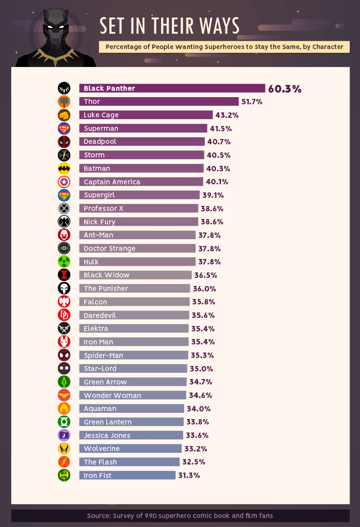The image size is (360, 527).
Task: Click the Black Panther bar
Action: [x=172, y=88]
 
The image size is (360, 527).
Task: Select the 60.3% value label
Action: [x=284, y=89]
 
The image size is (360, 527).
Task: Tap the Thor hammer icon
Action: [x=64, y=102]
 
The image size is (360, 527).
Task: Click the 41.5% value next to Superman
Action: [x=221, y=129]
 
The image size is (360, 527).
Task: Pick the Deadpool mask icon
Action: [x=64, y=142]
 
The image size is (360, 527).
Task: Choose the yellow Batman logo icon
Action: [x=64, y=169]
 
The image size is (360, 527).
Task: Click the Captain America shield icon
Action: [x=64, y=182]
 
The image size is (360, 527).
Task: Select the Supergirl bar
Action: [x=139, y=195]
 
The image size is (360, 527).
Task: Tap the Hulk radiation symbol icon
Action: [x=64, y=262]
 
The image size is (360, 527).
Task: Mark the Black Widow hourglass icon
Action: [x=64, y=275]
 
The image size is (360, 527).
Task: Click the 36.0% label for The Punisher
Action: [x=204, y=289]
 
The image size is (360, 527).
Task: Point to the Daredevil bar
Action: [x=134, y=315]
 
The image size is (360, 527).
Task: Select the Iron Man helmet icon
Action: [x=64, y=342]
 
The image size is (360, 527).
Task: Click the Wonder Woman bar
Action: [x=132, y=395]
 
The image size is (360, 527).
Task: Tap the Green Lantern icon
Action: [x=64, y=422]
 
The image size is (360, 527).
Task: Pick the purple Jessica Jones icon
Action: [x=64, y=435]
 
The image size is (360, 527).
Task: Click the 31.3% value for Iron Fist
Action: [x=189, y=475]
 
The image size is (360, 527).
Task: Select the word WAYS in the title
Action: [x=216, y=26]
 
